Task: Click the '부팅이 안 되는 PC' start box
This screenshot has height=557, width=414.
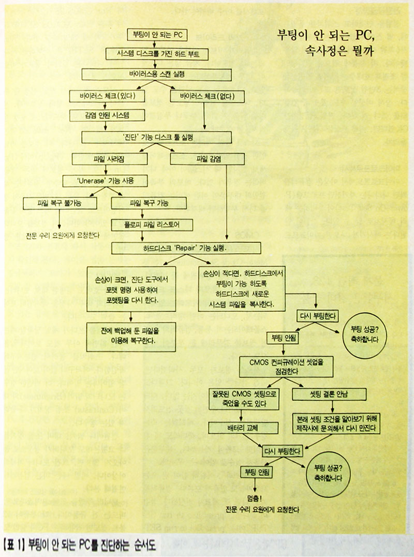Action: pyautogui.click(x=157, y=35)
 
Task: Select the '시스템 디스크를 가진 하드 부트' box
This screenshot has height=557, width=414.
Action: pyautogui.click(x=156, y=54)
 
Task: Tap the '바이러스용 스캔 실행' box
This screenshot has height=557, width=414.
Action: pyautogui.click(x=156, y=74)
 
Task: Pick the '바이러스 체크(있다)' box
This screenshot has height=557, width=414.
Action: pyautogui.click(x=108, y=96)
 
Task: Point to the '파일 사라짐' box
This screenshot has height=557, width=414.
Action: pyautogui.click(x=105, y=159)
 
